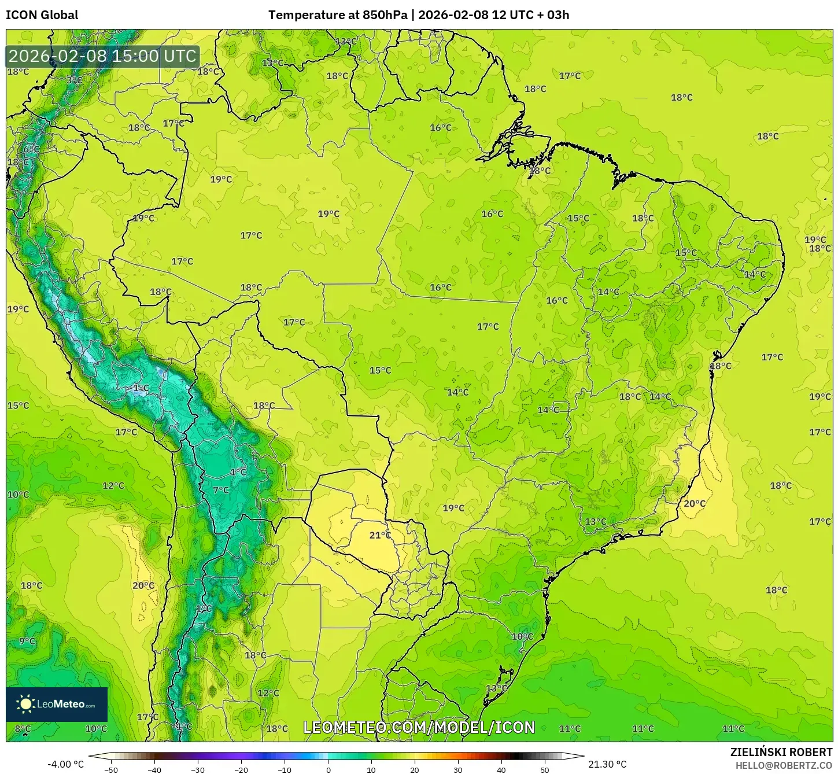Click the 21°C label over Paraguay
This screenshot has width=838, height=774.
[x=380, y=535]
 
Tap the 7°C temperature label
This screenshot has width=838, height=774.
[x=221, y=490]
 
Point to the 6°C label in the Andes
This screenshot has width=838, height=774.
[x=31, y=149]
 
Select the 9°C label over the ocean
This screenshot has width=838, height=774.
[x=27, y=641]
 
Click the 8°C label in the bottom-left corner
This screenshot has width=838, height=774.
[x=23, y=729]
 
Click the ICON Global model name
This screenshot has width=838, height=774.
[x=42, y=15]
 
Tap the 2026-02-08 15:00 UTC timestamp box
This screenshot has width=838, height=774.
[x=103, y=56]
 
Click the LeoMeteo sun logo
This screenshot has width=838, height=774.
[x=25, y=704]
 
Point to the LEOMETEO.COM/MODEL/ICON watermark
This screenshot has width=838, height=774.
[x=419, y=728]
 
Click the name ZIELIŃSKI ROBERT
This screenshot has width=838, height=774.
[x=781, y=752]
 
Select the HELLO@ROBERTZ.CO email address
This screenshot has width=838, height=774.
[x=784, y=765]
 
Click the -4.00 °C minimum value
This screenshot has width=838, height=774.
[x=65, y=764]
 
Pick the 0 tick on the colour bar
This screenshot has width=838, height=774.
[x=328, y=770]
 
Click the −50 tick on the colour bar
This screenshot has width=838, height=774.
[x=110, y=770]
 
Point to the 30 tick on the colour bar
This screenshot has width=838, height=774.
[x=458, y=770]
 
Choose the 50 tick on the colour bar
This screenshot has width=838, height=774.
[x=545, y=770]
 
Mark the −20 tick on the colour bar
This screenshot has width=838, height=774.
[x=241, y=770]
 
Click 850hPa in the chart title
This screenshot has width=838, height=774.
[x=385, y=15]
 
